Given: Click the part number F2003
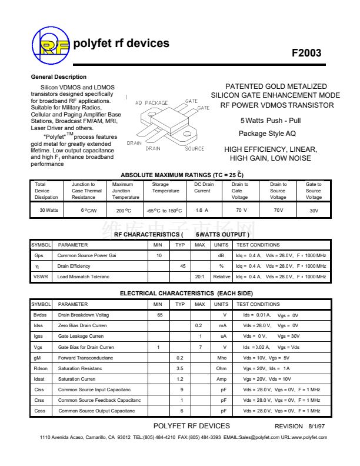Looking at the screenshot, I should (306, 53).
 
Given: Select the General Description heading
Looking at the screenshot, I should (58, 77).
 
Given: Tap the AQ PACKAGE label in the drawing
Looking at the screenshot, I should (151, 103).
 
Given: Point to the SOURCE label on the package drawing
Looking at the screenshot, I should (195, 149).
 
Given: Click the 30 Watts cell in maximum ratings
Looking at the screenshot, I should (49, 210).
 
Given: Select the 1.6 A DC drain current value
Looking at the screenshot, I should (202, 210).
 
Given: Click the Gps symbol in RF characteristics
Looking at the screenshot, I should (39, 256).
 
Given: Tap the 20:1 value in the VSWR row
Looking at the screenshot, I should (199, 277).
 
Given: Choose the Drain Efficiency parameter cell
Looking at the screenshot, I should (74, 267).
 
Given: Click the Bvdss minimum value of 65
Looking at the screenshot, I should (159, 315).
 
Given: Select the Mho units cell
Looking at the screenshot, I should (221, 358).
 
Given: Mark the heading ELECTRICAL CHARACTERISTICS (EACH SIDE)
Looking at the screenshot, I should (186, 293).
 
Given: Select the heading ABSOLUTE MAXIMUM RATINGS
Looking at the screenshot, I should (182, 175).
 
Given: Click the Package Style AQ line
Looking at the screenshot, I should (267, 134).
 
